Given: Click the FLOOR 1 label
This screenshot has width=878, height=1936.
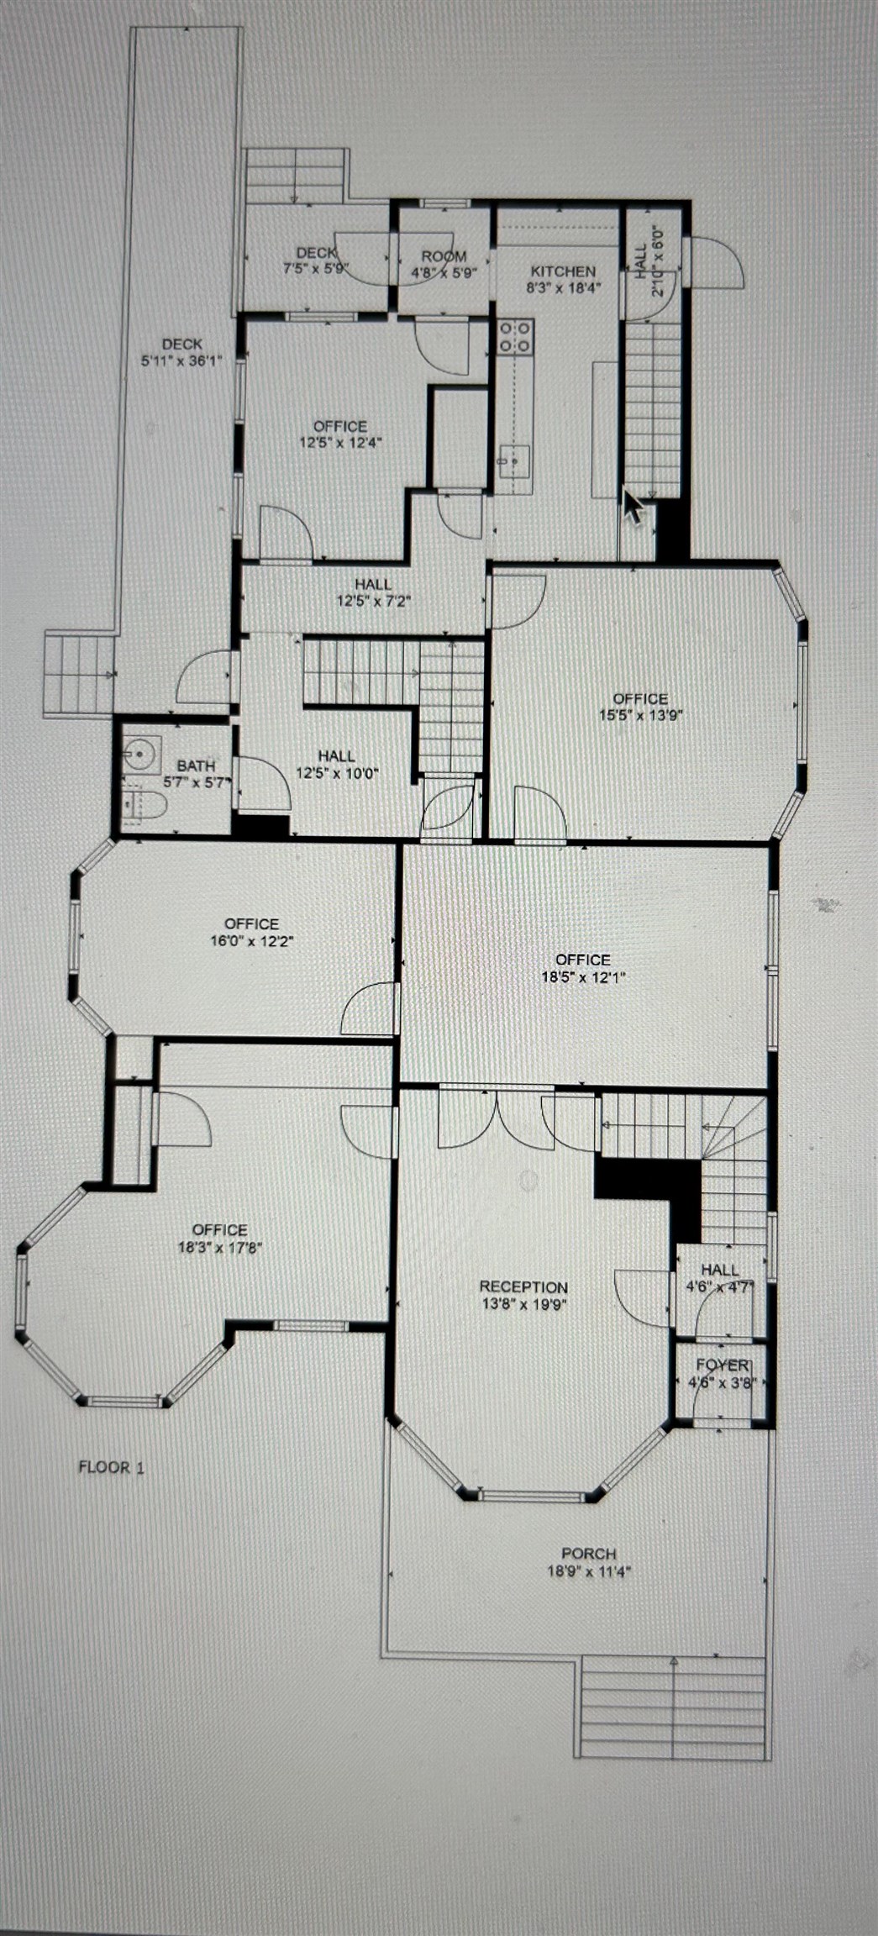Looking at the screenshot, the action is tap(111, 1467).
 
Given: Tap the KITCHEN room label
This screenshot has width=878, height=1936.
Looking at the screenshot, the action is tap(563, 271).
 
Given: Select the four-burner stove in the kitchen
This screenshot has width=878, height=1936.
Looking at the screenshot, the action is tap(515, 337).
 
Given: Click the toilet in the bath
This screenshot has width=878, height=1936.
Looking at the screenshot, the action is tap(144, 806).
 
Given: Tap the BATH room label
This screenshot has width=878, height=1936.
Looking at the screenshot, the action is tap(196, 765).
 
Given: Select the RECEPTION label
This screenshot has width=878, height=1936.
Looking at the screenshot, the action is tap(523, 1286).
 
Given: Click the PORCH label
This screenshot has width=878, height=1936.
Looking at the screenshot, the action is tap(589, 1554).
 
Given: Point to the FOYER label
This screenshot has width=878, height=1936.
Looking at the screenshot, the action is tap(722, 1365).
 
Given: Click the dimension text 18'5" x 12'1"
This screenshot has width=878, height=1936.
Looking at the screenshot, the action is tap(584, 977).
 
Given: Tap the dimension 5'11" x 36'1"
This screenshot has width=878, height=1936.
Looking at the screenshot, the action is tap(181, 362).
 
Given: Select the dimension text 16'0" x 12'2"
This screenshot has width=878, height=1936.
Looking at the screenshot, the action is tap(251, 941).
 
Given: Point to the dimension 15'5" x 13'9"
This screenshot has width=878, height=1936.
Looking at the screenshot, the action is tap(640, 716).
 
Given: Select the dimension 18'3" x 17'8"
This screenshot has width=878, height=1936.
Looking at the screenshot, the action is tap(220, 1247).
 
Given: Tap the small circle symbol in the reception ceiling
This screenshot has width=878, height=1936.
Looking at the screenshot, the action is tap(528, 1181).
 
